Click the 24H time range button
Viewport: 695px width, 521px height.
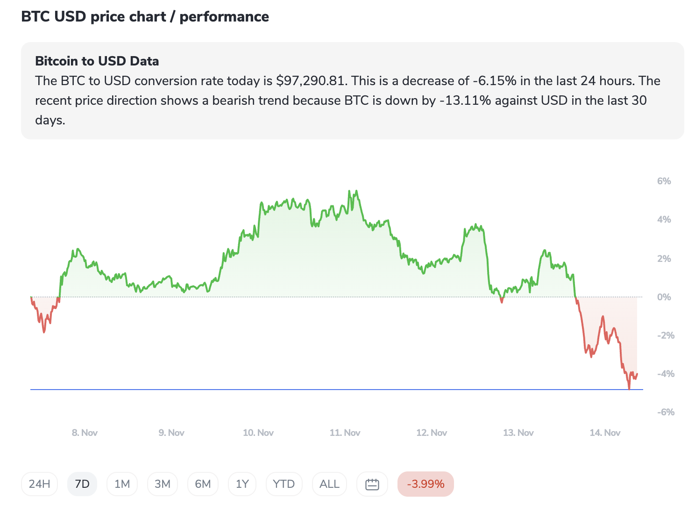(39, 484)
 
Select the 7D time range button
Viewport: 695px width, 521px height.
(82, 484)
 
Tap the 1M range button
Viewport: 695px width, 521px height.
(122, 484)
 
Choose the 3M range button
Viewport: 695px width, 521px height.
(163, 484)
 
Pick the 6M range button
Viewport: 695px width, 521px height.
(203, 484)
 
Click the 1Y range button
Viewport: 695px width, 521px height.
(242, 484)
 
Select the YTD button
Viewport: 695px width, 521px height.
(284, 484)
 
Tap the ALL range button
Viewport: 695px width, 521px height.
(329, 484)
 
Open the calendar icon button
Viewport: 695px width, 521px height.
(372, 484)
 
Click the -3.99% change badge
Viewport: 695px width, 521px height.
(426, 484)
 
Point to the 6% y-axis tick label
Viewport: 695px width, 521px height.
(664, 181)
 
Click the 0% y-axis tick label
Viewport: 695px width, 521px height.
(664, 297)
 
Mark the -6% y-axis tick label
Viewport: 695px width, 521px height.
(665, 412)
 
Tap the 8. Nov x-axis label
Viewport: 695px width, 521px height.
(85, 433)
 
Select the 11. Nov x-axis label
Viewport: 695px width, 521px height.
(345, 433)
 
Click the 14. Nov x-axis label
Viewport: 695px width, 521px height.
(605, 433)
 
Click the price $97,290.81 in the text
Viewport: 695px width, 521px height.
(311, 81)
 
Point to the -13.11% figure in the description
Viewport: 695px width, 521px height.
(465, 101)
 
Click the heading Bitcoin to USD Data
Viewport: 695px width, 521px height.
(97, 61)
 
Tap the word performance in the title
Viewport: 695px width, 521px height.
(224, 17)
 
